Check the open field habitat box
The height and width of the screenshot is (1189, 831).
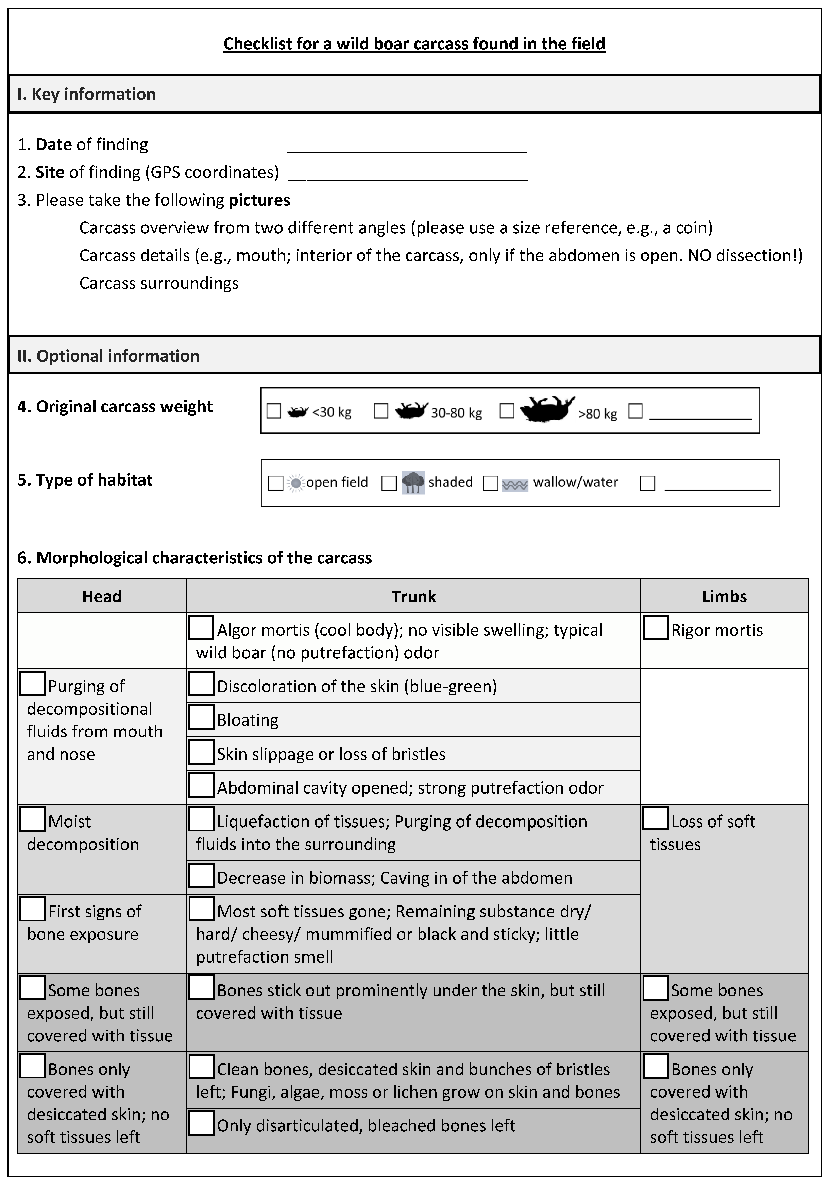pos(275,483)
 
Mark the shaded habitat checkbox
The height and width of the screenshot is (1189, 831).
pos(389,483)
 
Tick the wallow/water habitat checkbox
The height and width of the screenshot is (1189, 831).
pos(490,483)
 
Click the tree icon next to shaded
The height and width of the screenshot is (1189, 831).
pos(413,483)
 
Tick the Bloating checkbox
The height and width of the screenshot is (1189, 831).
pos(201,717)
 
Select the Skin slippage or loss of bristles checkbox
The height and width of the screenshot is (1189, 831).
pos(201,752)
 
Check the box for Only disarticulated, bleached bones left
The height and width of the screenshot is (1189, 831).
pos(201,1123)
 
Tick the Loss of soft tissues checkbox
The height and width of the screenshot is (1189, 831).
pos(656,819)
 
